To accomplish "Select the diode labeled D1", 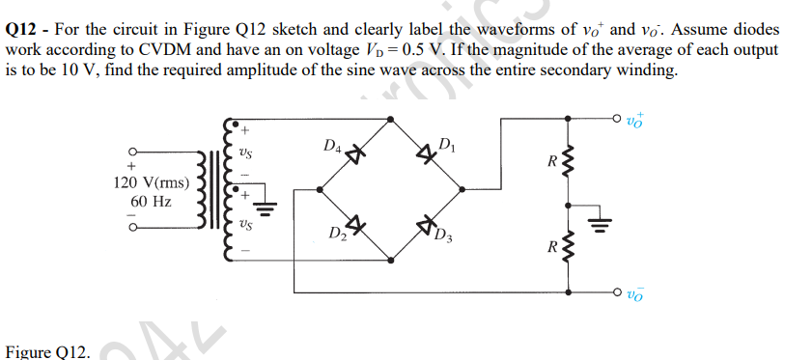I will point(426,152).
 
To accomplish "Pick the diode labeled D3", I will point(426,228).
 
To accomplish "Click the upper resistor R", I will point(568,161).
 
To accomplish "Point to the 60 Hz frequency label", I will point(151,202).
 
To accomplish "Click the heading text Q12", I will point(22,30).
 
